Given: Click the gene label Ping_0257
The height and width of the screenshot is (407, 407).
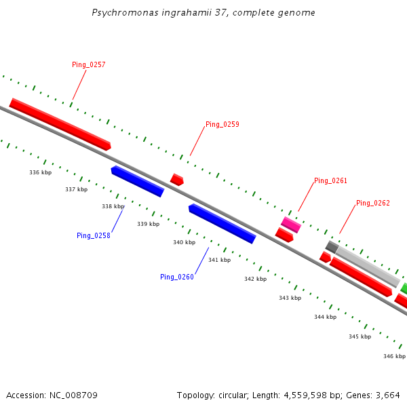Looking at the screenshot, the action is pyautogui.click(x=89, y=64).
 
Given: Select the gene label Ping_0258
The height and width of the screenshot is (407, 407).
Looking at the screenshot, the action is pyautogui.click(x=93, y=235).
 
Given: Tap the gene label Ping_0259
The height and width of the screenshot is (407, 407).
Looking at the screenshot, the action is pyautogui.click(x=222, y=124).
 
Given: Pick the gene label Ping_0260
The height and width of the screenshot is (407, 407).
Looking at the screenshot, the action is pyautogui.click(x=177, y=277).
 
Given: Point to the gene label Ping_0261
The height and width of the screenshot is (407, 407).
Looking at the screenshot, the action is pyautogui.click(x=330, y=181).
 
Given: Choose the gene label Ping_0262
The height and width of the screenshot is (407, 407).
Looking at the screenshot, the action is pyautogui.click(x=372, y=203).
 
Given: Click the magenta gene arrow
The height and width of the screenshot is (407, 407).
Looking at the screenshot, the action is pyautogui.click(x=291, y=225).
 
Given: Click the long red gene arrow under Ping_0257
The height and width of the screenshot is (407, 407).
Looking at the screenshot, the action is pyautogui.click(x=60, y=123).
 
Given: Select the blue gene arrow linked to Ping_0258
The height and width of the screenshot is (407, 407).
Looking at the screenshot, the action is pyautogui.click(x=138, y=181).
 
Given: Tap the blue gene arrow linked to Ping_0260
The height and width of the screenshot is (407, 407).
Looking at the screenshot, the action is pyautogui.click(x=222, y=223).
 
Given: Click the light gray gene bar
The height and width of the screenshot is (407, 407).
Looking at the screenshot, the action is pyautogui.click(x=368, y=267).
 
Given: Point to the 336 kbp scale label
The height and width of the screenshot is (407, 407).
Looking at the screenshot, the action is pyautogui.click(x=41, y=172).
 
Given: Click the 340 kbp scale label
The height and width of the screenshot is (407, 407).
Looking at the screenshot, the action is pyautogui.click(x=184, y=242).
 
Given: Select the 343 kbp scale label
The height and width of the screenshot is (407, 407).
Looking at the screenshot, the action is pyautogui.click(x=290, y=298).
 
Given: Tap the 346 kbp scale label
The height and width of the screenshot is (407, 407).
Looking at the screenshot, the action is pyautogui.click(x=394, y=355).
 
